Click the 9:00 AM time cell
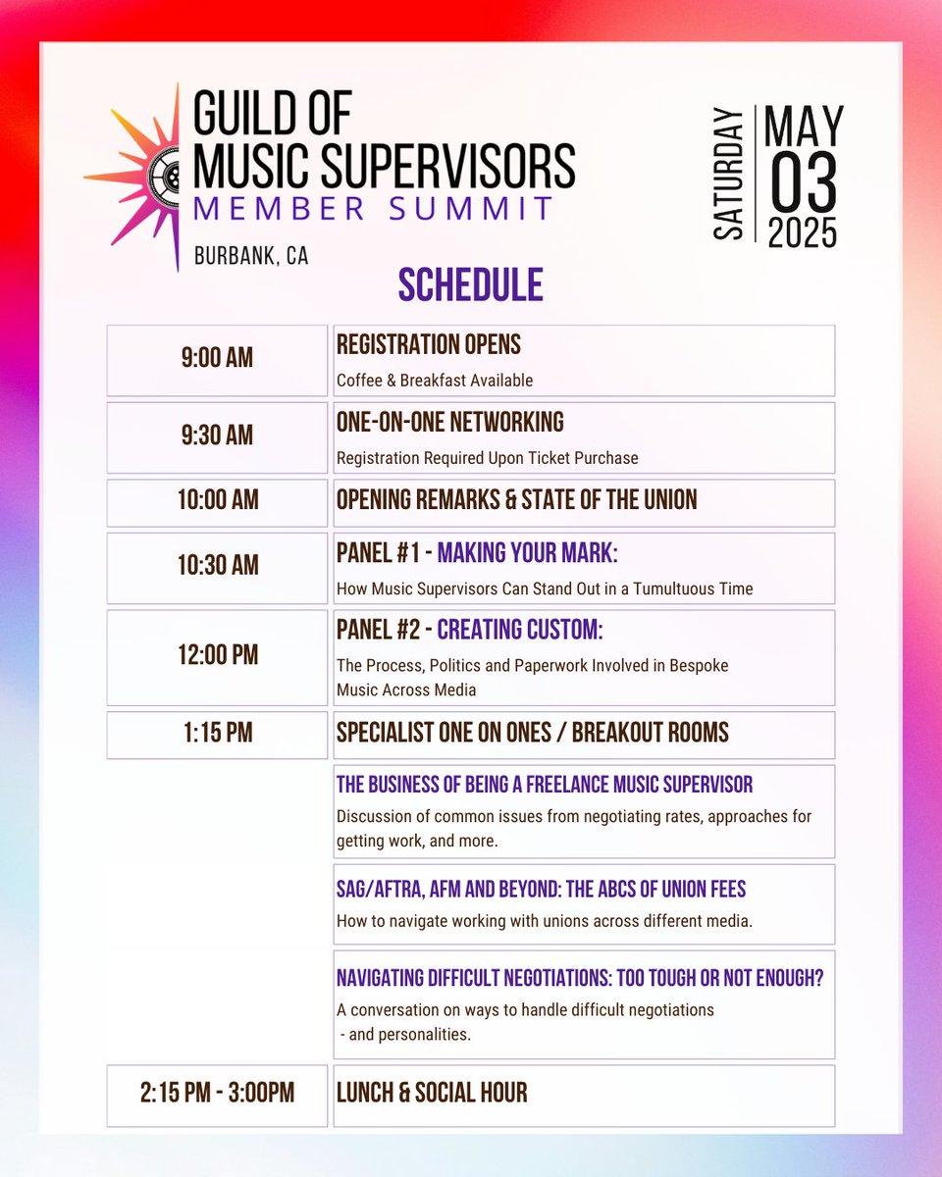coord(217,359)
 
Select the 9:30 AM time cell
coord(217,436)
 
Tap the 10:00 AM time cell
coord(217,501)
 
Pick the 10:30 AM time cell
coord(217,566)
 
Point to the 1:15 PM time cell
coord(217,734)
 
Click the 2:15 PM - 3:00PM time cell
coord(217,1094)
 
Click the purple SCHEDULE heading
coord(470,285)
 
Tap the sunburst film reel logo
coord(147,177)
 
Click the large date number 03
coord(803,182)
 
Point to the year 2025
coord(803,233)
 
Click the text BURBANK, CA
coord(251,256)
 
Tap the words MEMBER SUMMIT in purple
coord(373,208)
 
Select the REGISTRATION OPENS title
coord(429,345)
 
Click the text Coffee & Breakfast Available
coord(435,380)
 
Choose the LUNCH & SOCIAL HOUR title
coord(432,1093)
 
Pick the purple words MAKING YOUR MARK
coord(527,554)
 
